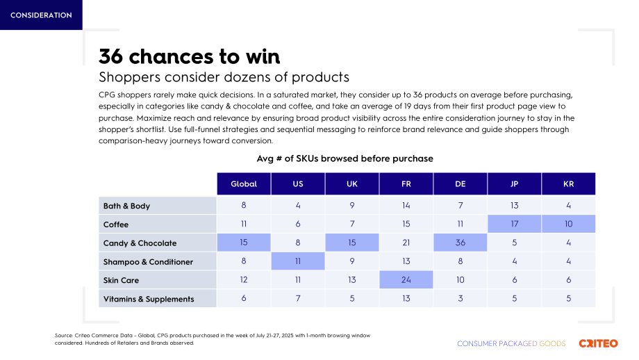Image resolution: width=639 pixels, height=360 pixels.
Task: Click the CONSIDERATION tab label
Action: (x=41, y=15)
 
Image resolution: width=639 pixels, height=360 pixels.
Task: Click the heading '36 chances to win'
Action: (x=190, y=56)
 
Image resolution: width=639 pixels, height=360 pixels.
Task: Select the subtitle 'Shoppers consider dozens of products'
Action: (x=224, y=77)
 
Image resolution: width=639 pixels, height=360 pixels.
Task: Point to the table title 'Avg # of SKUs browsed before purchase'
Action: (x=345, y=158)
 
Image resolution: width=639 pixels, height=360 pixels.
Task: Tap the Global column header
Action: (x=244, y=184)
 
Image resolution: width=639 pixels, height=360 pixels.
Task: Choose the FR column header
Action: (x=406, y=184)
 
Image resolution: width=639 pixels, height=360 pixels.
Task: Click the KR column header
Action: (x=568, y=184)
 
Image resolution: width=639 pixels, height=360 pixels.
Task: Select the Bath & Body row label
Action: (x=126, y=206)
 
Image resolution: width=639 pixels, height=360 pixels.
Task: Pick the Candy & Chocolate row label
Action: (x=140, y=243)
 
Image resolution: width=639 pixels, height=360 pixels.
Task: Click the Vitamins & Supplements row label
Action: (x=149, y=299)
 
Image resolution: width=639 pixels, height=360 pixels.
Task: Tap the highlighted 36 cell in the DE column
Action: (x=460, y=243)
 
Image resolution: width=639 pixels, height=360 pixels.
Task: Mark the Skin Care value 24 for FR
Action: (x=406, y=279)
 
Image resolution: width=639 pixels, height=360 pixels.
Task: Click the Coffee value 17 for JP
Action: (x=514, y=224)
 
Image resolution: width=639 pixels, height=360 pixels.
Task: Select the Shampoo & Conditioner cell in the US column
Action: (x=298, y=261)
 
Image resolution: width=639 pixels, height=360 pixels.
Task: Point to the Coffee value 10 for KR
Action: (x=568, y=224)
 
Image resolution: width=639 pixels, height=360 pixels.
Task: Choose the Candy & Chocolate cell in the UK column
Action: (x=352, y=243)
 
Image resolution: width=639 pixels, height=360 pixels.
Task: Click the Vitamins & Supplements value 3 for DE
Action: (x=460, y=298)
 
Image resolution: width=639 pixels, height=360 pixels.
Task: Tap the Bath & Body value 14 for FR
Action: (x=406, y=206)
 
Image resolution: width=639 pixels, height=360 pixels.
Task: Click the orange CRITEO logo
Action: (x=598, y=343)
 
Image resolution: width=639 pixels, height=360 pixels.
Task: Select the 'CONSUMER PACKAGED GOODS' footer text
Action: (x=511, y=344)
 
